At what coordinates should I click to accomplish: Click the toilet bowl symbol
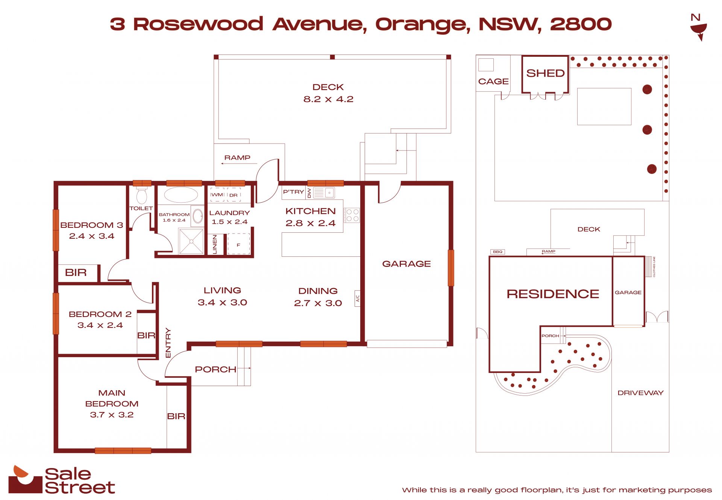point(141,196)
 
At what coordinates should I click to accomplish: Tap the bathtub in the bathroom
point(181,195)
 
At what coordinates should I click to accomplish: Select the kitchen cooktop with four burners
point(352,215)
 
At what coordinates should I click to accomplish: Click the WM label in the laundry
point(217,195)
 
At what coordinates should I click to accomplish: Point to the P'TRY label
point(293,192)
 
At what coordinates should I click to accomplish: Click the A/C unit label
point(358,298)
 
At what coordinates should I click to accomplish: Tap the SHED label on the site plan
point(545,73)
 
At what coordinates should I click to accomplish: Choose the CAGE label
point(493,82)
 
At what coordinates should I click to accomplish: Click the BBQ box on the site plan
point(498,252)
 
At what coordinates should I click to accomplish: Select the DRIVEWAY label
point(640,393)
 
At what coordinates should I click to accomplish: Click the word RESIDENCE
point(553,294)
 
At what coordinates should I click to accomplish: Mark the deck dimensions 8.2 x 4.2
point(328,99)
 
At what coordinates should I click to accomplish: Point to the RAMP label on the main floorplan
point(237,158)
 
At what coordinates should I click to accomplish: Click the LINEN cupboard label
point(215,244)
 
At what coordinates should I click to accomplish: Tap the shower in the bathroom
point(191,241)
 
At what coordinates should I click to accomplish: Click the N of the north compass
point(695,17)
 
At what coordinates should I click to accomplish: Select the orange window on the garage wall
point(450,268)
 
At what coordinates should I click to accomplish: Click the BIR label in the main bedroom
point(176,416)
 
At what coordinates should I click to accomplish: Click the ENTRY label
point(168,343)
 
